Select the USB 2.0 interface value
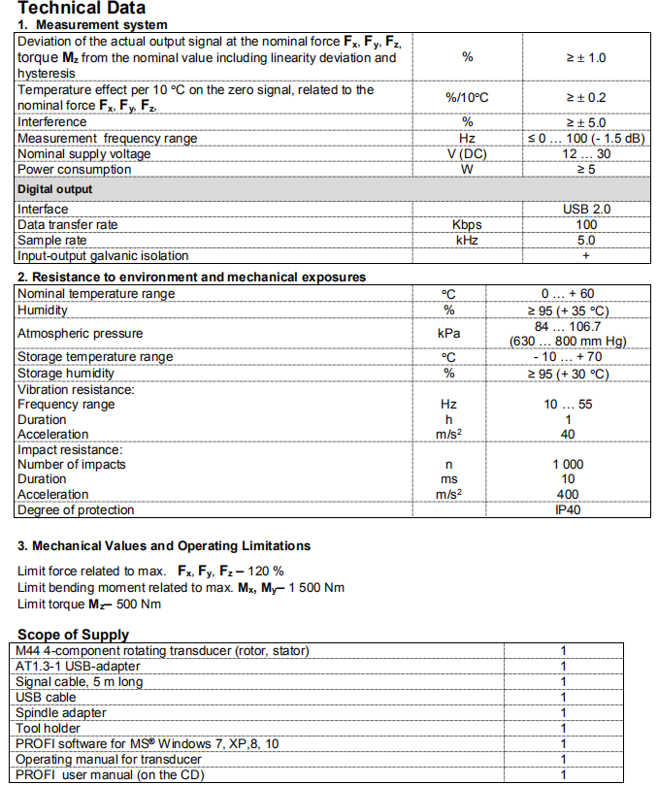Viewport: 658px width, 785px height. [x=585, y=209]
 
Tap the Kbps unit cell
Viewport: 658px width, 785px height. [x=467, y=224]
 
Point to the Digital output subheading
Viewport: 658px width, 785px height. [x=55, y=189]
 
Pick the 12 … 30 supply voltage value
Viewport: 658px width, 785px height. [x=585, y=154]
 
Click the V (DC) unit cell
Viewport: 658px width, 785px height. [x=467, y=154]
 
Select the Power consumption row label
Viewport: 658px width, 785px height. [x=74, y=170]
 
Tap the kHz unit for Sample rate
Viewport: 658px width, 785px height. [x=467, y=240]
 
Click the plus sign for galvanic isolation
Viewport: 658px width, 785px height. [x=585, y=256]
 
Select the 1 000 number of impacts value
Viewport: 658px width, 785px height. [x=568, y=465]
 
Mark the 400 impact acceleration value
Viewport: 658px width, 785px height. [x=568, y=495]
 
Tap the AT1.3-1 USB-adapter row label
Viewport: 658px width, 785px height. [x=79, y=666]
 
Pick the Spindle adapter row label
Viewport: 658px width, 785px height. [x=62, y=712]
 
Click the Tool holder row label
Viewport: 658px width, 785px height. [x=49, y=728]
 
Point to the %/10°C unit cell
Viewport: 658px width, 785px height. [x=467, y=98]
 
